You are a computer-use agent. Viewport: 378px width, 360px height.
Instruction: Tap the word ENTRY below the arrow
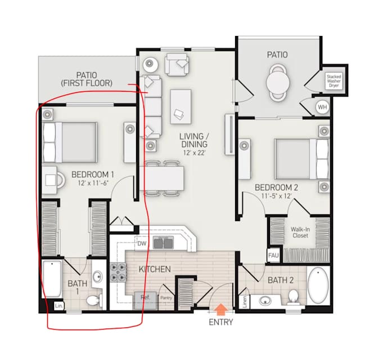pos(221,322)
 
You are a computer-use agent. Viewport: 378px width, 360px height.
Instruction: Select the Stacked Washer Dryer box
pos(334,81)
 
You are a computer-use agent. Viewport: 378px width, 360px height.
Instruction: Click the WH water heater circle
pos(322,106)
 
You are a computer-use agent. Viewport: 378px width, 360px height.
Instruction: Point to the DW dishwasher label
pos(142,244)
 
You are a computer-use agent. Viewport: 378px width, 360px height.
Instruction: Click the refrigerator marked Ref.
pos(146,300)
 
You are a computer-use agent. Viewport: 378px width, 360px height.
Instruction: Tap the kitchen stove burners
pos(118,272)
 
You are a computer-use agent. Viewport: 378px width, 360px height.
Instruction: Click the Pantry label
pos(166,298)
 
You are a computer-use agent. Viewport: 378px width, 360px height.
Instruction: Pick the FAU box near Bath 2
pos(273,255)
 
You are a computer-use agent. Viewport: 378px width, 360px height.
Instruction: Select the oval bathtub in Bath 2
pos(318,286)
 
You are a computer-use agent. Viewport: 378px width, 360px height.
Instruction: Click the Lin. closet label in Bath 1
pos(59,306)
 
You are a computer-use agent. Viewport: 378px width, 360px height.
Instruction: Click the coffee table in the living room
pos(181,106)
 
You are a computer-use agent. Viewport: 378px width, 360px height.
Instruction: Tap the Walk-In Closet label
pos(300,232)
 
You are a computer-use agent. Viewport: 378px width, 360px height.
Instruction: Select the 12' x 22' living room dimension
pos(195,153)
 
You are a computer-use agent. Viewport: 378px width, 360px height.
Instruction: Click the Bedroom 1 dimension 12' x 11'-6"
pos(92,183)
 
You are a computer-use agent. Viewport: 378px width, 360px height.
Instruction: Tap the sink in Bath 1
pos(98,277)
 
